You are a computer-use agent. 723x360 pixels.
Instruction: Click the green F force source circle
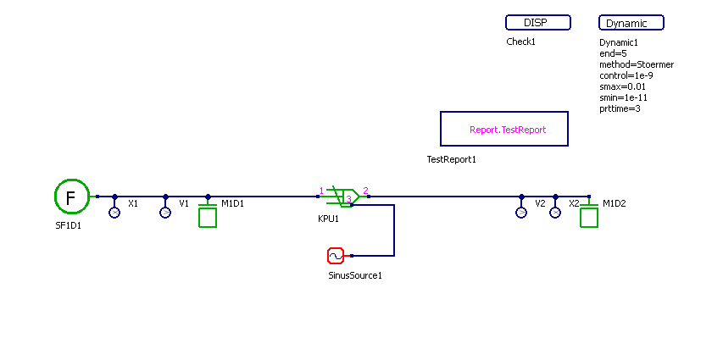72,197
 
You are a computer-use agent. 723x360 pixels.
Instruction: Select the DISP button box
537,23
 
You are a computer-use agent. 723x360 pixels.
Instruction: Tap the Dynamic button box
631,23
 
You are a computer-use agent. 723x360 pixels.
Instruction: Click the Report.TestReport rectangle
504,129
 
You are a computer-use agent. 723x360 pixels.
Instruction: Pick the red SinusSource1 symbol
335,255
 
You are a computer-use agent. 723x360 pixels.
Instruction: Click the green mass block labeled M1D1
208,217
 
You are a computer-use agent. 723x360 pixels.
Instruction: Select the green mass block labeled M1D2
589,217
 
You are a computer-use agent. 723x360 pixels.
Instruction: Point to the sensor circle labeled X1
114,213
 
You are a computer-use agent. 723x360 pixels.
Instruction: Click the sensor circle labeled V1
165,213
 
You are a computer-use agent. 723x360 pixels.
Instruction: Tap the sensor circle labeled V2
521,213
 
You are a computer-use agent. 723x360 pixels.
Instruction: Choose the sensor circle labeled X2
555,213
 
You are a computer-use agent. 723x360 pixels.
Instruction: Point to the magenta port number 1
321,190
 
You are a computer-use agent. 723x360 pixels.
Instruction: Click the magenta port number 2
365,190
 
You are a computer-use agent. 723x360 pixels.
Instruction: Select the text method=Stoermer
637,64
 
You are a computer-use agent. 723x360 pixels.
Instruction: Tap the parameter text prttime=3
620,108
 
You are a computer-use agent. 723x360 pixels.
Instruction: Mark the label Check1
521,42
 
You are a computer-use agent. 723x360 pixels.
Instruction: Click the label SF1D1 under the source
69,226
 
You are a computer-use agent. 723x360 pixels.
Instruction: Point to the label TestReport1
452,159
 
